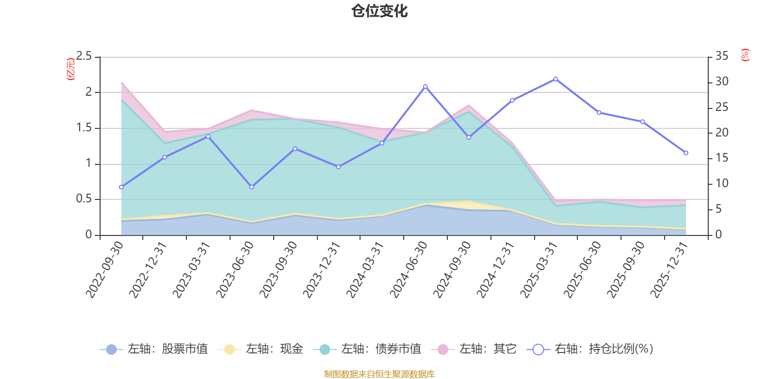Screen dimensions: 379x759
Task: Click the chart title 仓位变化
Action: tap(379, 11)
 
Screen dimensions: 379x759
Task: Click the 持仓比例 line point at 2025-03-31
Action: tap(555, 79)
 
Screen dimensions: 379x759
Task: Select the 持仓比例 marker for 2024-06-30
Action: tap(425, 87)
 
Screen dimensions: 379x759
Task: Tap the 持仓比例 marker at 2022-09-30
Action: tap(121, 187)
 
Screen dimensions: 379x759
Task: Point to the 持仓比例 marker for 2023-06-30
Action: tap(251, 187)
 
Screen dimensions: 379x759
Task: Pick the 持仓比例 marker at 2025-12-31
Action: tap(686, 153)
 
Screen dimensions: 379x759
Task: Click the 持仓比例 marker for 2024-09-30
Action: tap(469, 137)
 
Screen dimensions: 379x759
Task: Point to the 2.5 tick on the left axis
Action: tap(84, 56)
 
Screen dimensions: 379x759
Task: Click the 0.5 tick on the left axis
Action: tap(84, 199)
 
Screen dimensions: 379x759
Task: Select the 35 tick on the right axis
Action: tap(722, 56)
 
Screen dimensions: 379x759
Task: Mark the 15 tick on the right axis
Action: tap(722, 158)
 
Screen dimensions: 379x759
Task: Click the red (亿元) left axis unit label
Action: tap(71, 69)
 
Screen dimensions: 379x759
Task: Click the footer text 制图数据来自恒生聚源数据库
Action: tap(379, 374)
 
